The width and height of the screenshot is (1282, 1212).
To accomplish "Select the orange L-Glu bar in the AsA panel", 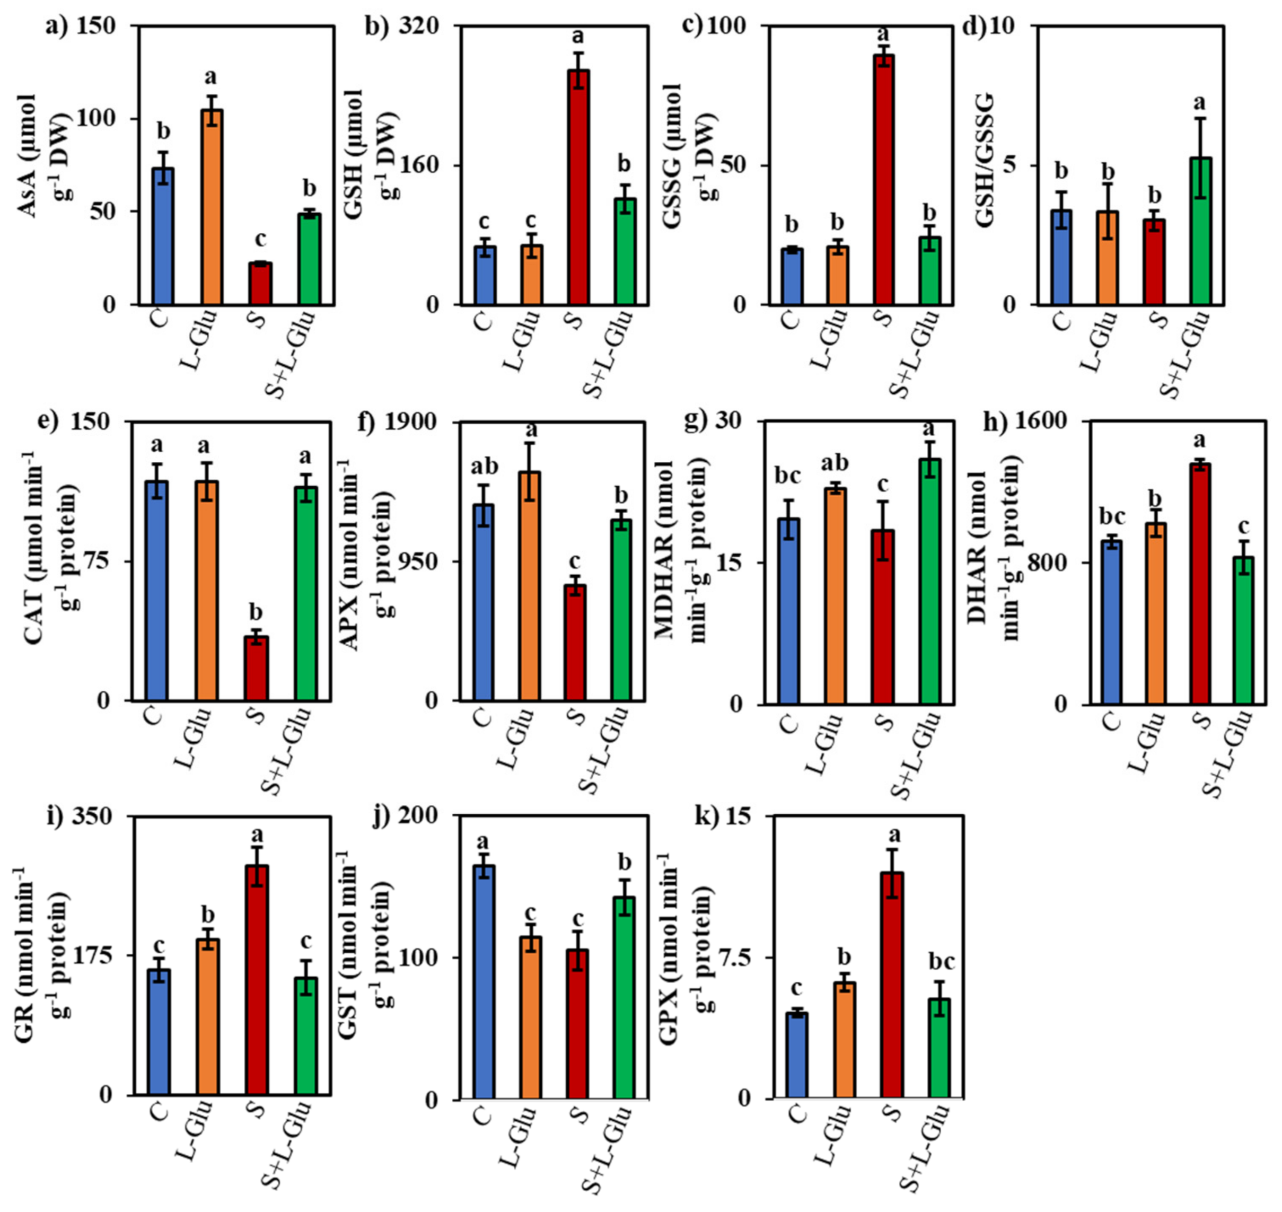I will (212, 207).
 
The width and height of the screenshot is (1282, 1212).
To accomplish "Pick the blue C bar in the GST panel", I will (484, 982).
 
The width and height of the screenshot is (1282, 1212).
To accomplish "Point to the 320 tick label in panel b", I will (419, 27).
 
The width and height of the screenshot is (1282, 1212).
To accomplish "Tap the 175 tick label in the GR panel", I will (96, 955).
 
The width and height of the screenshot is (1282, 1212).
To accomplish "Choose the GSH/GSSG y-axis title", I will (984, 162).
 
